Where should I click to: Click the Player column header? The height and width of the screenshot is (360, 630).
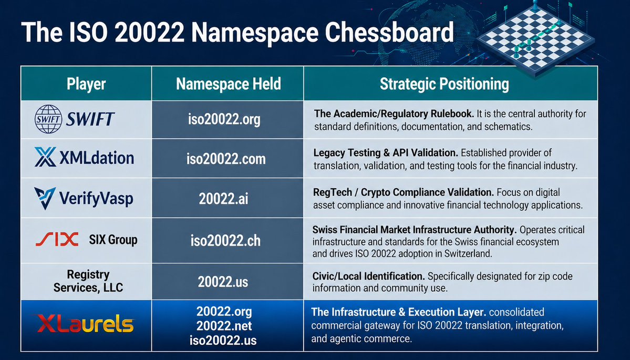coord(86,84)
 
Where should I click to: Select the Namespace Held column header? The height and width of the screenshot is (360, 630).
coord(228,84)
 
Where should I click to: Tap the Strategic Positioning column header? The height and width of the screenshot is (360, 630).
coord(444,84)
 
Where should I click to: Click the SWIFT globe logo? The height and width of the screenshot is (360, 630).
coord(48,119)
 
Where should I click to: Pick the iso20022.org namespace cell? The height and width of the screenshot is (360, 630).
coord(224,119)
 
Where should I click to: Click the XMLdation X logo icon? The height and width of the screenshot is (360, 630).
coord(46,157)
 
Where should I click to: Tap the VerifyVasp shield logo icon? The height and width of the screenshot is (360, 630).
coord(44,199)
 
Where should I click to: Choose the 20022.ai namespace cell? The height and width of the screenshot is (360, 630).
coord(223,199)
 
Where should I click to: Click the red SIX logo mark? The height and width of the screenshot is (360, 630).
coord(57,240)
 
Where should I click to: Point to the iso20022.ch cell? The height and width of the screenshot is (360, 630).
coord(225,241)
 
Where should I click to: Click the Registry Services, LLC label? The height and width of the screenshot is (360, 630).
coord(88,281)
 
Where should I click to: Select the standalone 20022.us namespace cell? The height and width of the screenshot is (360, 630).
coord(223,281)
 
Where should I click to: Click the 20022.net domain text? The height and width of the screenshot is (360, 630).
coord(223,325)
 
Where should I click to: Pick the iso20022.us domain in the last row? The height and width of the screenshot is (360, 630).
coord(223,340)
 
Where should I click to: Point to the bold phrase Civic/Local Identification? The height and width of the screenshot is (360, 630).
coord(368,276)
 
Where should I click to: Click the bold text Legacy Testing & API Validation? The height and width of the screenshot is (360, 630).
coord(385,153)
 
